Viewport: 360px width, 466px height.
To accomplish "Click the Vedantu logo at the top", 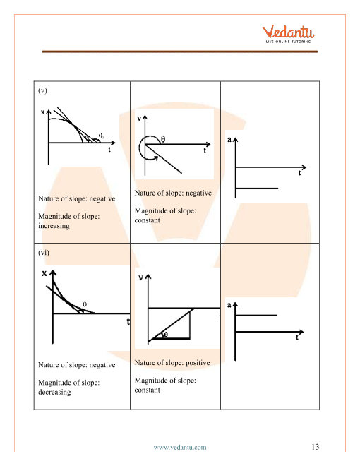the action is coord(288,34).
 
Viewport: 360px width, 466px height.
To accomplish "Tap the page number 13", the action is coord(315,447).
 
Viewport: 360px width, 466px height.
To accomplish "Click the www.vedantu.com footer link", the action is coord(180,447).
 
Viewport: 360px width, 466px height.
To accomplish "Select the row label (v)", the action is coord(42,90).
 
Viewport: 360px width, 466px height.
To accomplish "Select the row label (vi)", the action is coord(43,253).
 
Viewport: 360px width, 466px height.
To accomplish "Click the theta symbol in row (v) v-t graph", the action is coord(163,139).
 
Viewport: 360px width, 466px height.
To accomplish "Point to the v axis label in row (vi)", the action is coord(140,277).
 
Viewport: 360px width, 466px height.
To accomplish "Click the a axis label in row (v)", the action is coord(229,140).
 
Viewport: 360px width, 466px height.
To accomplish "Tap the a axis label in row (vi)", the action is coord(229,305).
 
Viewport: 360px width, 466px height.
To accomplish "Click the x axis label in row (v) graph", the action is coord(42,112).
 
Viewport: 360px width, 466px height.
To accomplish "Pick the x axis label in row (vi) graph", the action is coord(44,273).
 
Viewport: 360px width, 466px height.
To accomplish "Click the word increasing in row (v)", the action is coord(54,226).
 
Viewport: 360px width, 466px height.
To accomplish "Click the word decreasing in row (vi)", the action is coord(54,393).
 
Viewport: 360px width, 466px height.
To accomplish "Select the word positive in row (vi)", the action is coord(198,363).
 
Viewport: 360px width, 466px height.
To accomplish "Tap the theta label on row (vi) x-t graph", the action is coord(85,304).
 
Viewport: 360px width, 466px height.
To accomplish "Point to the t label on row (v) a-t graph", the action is coord(299,173).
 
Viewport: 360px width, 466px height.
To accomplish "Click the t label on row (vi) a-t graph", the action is coord(296,337).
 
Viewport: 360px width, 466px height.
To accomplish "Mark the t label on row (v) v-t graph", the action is coord(205,150).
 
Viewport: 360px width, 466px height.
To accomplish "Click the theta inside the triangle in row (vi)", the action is coord(166,335).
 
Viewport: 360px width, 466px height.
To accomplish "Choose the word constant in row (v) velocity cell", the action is coord(148,220).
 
